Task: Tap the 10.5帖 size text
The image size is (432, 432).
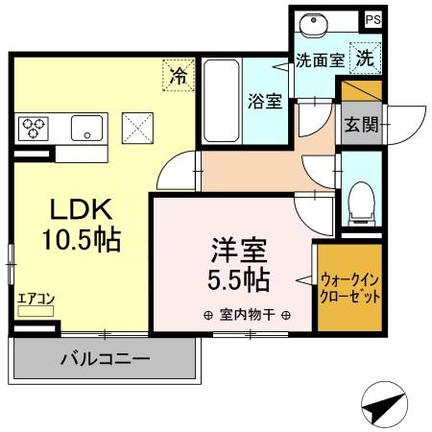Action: pos(81,240)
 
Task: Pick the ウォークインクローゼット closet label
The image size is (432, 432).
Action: pos(350,288)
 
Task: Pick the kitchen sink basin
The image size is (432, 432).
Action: pos(89,127)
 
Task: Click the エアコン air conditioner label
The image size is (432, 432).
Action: pos(36,300)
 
